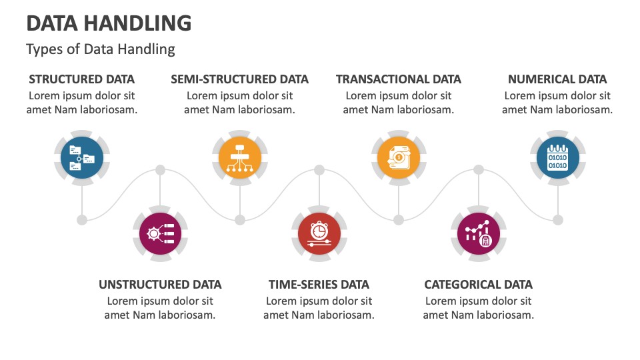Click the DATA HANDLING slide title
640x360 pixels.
point(109,23)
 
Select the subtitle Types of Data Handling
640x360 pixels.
point(101,49)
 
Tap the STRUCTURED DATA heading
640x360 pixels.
point(82,79)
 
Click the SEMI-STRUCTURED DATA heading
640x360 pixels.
point(239,79)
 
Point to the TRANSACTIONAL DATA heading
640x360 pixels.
point(399,79)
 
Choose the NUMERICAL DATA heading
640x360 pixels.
point(557,79)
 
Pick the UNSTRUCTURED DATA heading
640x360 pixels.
point(160,285)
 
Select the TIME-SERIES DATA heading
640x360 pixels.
point(319,285)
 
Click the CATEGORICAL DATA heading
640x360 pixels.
point(478,285)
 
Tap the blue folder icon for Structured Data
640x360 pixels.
point(82,158)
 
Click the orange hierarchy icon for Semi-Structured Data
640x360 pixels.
point(239,158)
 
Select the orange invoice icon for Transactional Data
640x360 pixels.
point(399,158)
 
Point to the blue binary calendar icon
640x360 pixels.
point(557,158)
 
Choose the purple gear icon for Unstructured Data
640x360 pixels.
point(160,233)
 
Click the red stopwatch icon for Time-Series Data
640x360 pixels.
point(319,233)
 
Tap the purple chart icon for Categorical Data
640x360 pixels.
point(478,233)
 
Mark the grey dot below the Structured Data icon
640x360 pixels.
point(82,219)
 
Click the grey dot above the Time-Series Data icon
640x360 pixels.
point(319,170)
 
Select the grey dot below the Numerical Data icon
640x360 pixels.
point(558,219)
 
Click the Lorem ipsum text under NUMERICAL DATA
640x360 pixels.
point(557,103)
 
